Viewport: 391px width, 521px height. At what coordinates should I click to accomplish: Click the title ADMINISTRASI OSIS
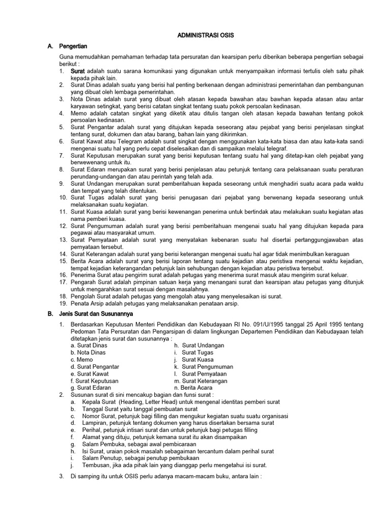point(206,36)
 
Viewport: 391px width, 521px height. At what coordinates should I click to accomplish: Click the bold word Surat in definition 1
point(78,71)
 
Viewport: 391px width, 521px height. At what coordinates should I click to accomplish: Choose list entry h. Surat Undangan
point(199,345)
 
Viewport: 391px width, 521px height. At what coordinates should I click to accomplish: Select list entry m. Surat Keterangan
point(201,381)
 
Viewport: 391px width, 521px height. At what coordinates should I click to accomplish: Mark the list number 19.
point(64,304)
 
